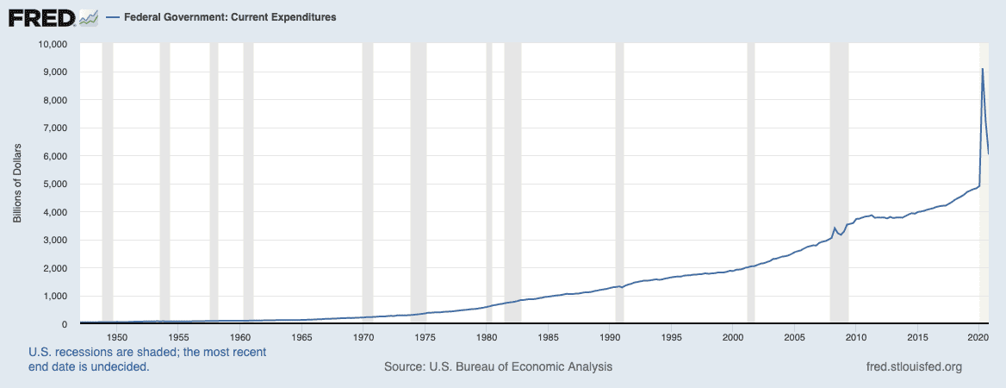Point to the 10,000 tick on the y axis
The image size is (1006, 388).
(x=54, y=44)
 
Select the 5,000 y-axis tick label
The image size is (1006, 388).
(x=56, y=185)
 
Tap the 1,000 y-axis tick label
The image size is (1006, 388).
(x=56, y=296)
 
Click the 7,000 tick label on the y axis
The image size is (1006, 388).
(x=56, y=128)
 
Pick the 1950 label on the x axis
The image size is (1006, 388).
(x=117, y=336)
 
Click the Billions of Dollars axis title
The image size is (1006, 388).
(x=17, y=183)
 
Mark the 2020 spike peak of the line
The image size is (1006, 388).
(x=982, y=69)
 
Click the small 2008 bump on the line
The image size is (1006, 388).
(x=834, y=228)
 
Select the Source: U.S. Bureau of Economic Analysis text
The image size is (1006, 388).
(x=498, y=366)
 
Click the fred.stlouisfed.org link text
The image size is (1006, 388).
(x=914, y=366)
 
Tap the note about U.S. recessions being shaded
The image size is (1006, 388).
(x=147, y=360)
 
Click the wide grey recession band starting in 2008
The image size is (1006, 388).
(x=839, y=184)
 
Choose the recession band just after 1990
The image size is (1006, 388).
(x=619, y=184)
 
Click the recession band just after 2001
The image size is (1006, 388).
(x=751, y=184)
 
